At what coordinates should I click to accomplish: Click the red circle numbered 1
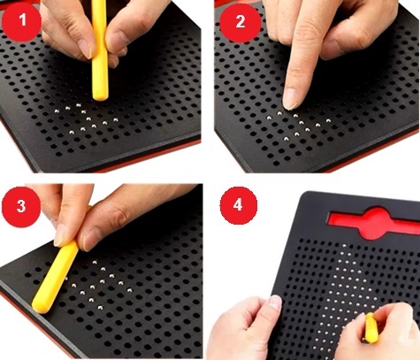coord(21,21)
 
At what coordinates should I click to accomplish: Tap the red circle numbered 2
coord(241,22)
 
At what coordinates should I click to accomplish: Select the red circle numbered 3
coord(21,206)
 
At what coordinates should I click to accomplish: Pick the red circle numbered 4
coord(239,205)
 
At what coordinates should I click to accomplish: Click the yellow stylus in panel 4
coord(370,328)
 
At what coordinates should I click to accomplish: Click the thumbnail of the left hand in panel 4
coord(275,303)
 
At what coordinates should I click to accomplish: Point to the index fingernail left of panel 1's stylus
coord(87,49)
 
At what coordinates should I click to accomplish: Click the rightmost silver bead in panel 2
coord(328,120)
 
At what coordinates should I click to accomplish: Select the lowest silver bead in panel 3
coord(100,308)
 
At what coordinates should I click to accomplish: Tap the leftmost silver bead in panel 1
coord(57,111)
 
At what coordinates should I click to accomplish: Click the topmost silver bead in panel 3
coord(95,262)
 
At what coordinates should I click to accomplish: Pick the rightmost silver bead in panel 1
coord(115,119)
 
